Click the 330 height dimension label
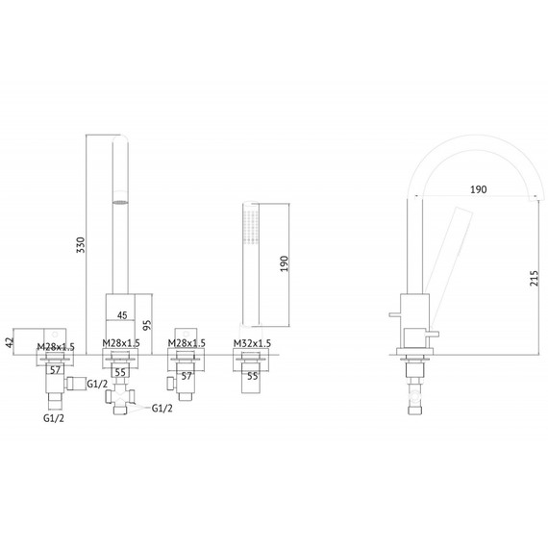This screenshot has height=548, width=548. [x=81, y=245]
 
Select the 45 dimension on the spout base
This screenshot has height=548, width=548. [x=122, y=315]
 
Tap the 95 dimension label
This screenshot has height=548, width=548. [x=148, y=325]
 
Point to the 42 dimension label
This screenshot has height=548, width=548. [x=11, y=342]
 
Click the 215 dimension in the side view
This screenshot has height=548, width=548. [x=534, y=278]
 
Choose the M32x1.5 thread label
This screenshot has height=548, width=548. [x=252, y=343]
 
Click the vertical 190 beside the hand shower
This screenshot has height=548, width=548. [x=285, y=263]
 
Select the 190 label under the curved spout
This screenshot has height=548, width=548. [x=478, y=189]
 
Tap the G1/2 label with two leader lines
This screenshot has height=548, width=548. [x=162, y=409]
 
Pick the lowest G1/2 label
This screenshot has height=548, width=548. [x=54, y=418]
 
